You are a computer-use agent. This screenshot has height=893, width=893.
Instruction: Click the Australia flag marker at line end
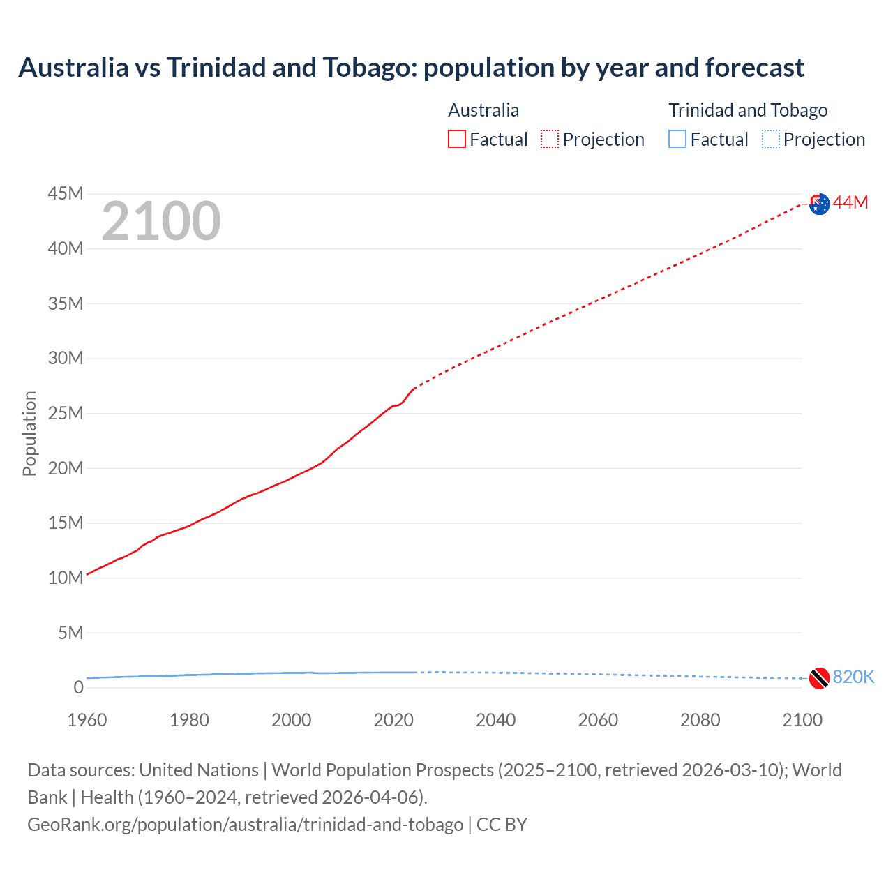pyautogui.click(x=820, y=204)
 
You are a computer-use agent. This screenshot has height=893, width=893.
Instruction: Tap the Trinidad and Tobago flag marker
pyautogui.click(x=820, y=678)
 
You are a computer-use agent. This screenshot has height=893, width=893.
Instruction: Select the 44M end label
pyautogui.click(x=850, y=202)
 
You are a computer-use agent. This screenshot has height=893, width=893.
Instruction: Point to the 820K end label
pyautogui.click(x=853, y=677)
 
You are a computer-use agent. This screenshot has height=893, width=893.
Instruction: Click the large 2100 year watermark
pyautogui.click(x=161, y=221)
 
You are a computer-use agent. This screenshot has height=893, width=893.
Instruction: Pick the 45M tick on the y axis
pyautogui.click(x=66, y=193)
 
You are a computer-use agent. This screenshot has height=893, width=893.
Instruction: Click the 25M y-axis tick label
pyautogui.click(x=66, y=413)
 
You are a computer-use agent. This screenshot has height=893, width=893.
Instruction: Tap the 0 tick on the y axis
pyautogui.click(x=78, y=687)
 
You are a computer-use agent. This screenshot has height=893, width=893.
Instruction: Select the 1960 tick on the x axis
pyautogui.click(x=87, y=720)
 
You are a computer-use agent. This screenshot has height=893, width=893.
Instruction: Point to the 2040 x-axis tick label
pyautogui.click(x=495, y=720)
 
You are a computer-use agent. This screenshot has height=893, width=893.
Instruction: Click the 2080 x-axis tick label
pyautogui.click(x=700, y=720)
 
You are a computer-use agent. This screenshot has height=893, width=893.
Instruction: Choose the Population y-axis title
pyautogui.click(x=29, y=433)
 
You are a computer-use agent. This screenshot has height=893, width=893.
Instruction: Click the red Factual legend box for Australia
pyautogui.click(x=457, y=139)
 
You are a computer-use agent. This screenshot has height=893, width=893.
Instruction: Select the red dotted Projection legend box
pyautogui.click(x=550, y=139)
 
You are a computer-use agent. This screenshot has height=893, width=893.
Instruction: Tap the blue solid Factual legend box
pyautogui.click(x=677, y=139)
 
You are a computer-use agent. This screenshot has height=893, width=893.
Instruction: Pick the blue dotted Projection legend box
pyautogui.click(x=771, y=139)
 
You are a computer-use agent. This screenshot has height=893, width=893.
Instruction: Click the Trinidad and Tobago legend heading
pyautogui.click(x=748, y=110)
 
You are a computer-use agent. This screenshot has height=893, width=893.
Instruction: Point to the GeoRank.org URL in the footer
pyautogui.click(x=245, y=825)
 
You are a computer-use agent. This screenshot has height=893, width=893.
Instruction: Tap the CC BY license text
pyautogui.click(x=502, y=825)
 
